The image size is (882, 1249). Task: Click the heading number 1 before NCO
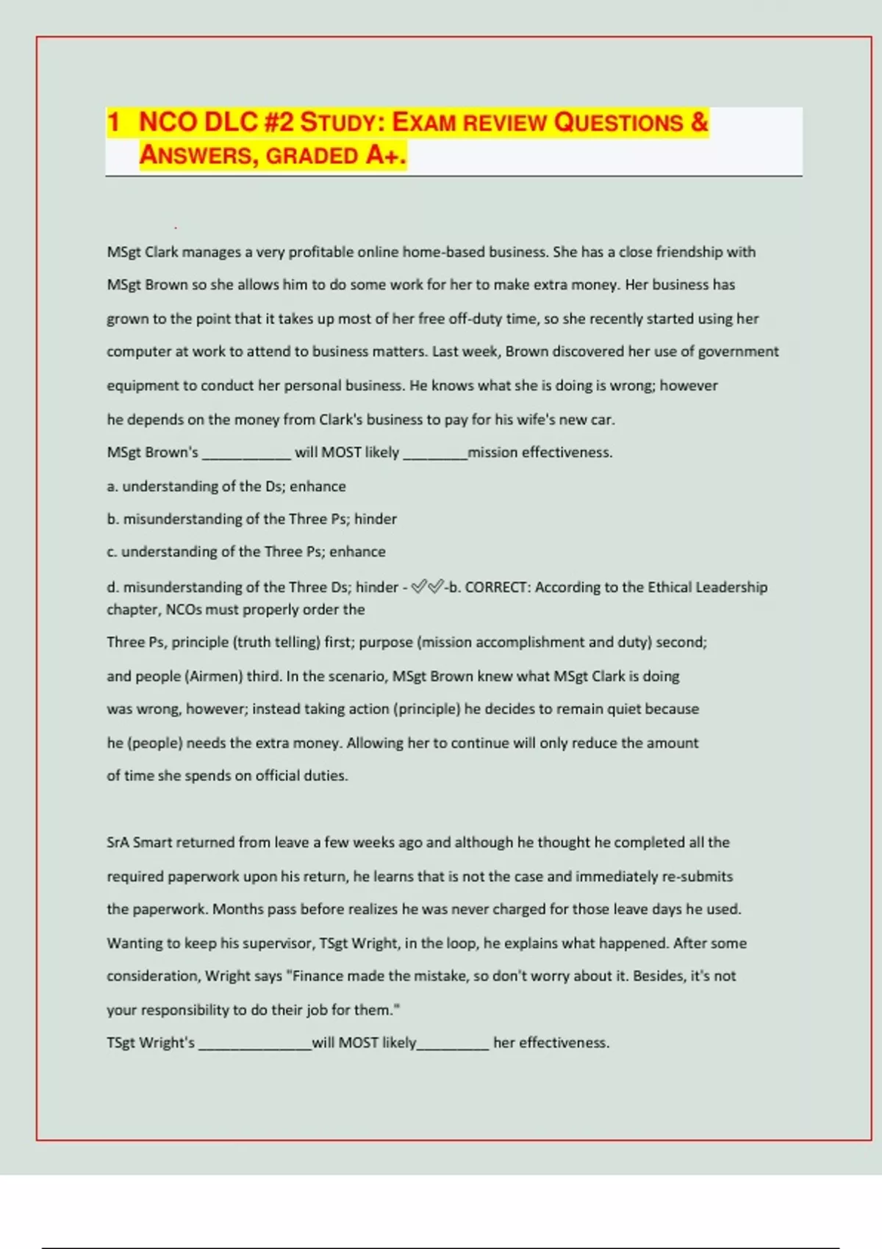[x=113, y=122]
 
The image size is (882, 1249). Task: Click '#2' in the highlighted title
[x=279, y=122]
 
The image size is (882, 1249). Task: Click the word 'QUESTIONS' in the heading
[x=618, y=122]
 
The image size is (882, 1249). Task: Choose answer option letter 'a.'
[x=112, y=486]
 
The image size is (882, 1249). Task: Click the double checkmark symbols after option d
[x=427, y=586]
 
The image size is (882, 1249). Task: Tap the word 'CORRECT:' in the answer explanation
[x=497, y=587]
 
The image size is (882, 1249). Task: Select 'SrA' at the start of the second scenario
[x=117, y=843]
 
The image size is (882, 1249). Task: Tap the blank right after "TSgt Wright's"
[x=255, y=1044]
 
